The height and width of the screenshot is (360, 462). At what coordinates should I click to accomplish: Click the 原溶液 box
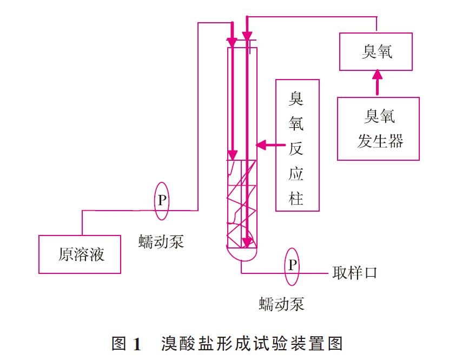click(80, 254)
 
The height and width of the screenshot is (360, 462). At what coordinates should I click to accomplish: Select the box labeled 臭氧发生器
click(378, 129)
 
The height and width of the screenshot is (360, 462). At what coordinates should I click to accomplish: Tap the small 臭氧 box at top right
click(377, 52)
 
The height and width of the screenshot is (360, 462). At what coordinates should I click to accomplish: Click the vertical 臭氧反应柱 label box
click(297, 145)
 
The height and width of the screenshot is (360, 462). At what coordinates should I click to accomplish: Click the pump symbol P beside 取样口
click(292, 265)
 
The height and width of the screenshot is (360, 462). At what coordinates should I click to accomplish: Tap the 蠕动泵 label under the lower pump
click(281, 304)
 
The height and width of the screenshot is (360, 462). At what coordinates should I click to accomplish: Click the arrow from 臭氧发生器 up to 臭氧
click(378, 84)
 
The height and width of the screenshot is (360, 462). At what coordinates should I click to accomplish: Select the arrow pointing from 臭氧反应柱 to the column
click(270, 145)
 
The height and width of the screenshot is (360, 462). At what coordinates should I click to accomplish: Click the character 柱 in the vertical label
click(296, 199)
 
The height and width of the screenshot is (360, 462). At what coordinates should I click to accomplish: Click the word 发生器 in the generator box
click(380, 141)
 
